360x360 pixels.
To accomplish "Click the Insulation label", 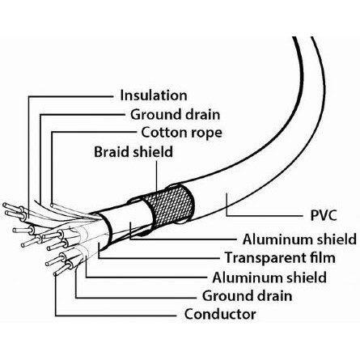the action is (154, 95).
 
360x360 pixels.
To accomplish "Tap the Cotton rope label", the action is (182, 133).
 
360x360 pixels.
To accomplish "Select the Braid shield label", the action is (133, 152).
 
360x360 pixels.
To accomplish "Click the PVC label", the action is (324, 215).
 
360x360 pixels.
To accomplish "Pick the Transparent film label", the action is (280, 257).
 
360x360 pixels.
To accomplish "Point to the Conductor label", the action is (220, 314).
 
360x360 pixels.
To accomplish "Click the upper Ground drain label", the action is (176, 114).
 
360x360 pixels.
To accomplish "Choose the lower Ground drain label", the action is (248, 296).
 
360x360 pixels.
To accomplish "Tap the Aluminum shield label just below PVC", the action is (299, 239).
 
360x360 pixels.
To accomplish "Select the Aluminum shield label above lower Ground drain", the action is (269, 277).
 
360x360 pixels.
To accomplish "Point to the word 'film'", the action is (321, 257).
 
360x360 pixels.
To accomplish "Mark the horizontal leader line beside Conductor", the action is (116, 316).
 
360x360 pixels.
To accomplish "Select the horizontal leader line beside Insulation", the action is (70, 96).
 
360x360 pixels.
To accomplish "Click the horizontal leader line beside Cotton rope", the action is (94, 132).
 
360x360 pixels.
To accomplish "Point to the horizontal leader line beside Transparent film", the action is (159, 258).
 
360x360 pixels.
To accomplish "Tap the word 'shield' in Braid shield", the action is (153, 152).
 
